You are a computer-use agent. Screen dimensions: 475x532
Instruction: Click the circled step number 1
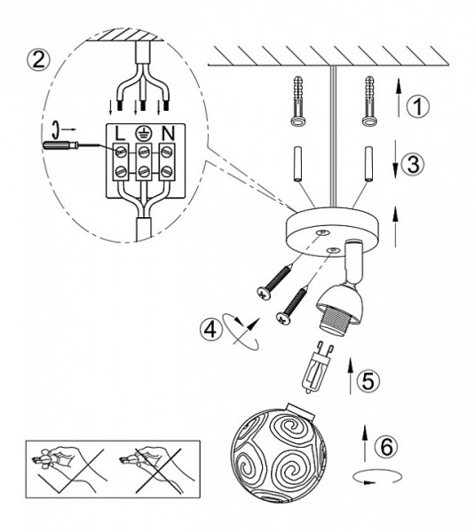pos(418,106)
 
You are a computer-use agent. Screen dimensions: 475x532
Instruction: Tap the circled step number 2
pos(38,60)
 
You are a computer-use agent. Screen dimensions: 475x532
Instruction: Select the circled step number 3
pos(413,165)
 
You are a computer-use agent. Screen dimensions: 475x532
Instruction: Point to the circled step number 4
pos(211,328)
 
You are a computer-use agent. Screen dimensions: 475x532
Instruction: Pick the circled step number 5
pos(368,380)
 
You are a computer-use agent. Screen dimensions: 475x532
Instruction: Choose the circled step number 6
pos(387,446)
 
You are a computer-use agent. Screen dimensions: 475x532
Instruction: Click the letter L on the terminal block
pos(120,133)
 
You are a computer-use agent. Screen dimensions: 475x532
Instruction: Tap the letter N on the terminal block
pos(168,133)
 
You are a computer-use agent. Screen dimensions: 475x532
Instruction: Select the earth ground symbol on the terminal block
pos(143,133)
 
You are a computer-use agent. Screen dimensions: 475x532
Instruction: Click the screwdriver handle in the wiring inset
pos(57,145)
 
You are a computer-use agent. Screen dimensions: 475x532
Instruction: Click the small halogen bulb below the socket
pos(316,368)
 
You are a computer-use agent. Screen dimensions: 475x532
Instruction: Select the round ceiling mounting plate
pos(332,233)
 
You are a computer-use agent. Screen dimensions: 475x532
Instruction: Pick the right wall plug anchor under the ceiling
pos(369,101)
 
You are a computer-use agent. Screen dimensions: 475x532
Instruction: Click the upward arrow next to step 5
pos(351,375)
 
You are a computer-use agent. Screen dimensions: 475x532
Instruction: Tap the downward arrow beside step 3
pos(395,158)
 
